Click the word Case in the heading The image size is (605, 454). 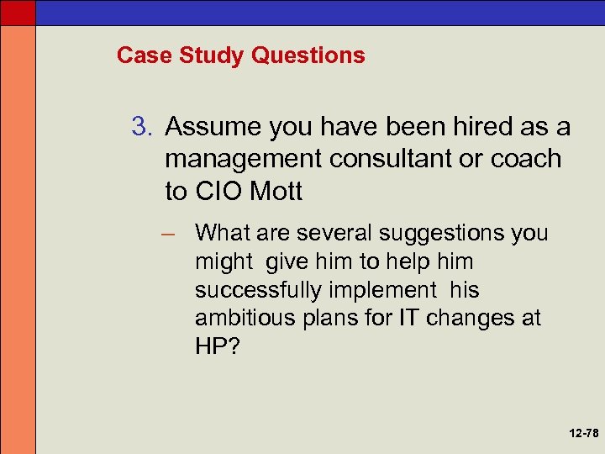[x=139, y=55]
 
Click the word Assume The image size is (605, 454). [x=213, y=127]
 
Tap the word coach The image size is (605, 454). [x=526, y=159]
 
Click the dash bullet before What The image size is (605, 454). [x=175, y=232]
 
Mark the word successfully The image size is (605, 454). [x=252, y=290]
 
